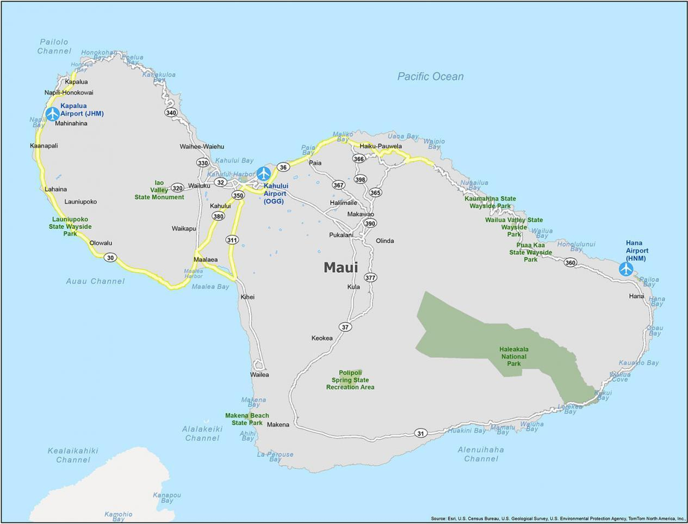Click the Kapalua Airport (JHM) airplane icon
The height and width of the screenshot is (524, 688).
(x=52, y=114)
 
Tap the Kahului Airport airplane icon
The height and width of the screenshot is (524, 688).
(x=264, y=174)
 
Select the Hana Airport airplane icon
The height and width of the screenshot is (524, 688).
(x=626, y=268)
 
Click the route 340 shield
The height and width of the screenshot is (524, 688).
(x=171, y=113)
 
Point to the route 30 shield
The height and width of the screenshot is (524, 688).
(x=110, y=257)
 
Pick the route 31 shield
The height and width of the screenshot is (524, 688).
(x=420, y=433)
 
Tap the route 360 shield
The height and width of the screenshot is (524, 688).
(x=570, y=263)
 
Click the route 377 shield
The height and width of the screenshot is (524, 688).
(x=370, y=278)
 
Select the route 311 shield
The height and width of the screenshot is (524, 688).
(x=232, y=240)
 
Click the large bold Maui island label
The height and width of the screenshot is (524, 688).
(x=340, y=268)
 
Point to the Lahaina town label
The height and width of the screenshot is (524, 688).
(x=55, y=189)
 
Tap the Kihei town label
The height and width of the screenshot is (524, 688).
(x=247, y=297)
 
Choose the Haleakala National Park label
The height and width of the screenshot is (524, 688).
(x=514, y=356)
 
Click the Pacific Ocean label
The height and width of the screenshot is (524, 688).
(x=430, y=77)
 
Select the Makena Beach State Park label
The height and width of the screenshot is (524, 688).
(x=247, y=419)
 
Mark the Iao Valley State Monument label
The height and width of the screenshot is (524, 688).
(x=159, y=190)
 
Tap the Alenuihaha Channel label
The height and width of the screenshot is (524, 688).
(x=481, y=454)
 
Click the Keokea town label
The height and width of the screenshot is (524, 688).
(x=321, y=338)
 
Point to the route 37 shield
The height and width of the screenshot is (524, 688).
(x=345, y=327)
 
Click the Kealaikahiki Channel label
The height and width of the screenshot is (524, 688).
(x=73, y=455)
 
